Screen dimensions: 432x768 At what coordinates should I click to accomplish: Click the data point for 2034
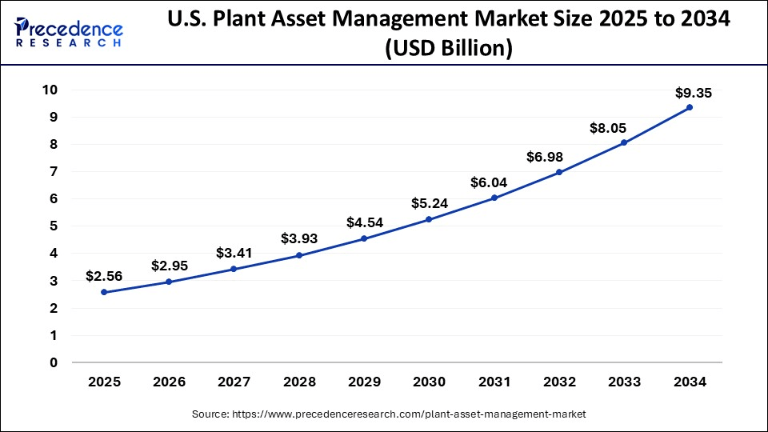point(690,107)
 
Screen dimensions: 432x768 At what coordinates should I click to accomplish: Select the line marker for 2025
point(104,293)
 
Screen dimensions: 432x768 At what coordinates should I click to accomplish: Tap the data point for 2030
point(429,219)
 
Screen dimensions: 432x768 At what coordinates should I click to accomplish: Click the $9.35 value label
point(693,93)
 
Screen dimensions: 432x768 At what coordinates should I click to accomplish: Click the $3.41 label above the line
point(233,254)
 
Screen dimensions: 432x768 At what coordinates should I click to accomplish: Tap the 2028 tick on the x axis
point(299,383)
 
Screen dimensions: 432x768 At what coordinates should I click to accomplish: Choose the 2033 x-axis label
point(624,383)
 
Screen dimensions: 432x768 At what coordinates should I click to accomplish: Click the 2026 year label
point(169,383)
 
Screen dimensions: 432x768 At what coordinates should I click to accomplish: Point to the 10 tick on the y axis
point(50,90)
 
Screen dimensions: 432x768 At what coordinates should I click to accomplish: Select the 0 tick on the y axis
point(54,362)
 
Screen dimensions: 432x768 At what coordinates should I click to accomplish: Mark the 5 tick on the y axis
point(54,226)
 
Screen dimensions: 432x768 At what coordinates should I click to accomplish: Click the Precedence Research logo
point(69,32)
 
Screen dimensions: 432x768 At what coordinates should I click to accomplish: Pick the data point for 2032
point(559,173)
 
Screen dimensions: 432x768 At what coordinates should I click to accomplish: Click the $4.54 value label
point(364,222)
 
